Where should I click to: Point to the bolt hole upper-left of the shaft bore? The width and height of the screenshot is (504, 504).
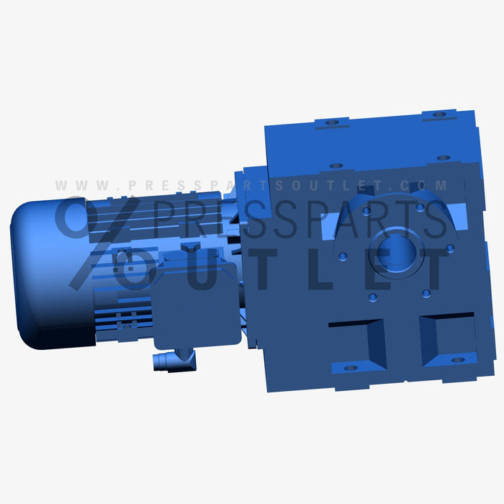pyautogui.click(x=366, y=212)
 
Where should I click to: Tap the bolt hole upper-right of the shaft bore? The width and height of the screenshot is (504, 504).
pyautogui.click(x=419, y=207)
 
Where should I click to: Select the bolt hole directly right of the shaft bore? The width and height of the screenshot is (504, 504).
pyautogui.click(x=450, y=248)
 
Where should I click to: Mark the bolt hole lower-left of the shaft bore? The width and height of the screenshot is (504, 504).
pyautogui.click(x=372, y=297)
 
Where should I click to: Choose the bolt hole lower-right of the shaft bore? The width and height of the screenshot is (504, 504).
pyautogui.click(x=426, y=292)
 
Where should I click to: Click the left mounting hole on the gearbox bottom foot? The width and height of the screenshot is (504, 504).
pyautogui.click(x=351, y=368)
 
